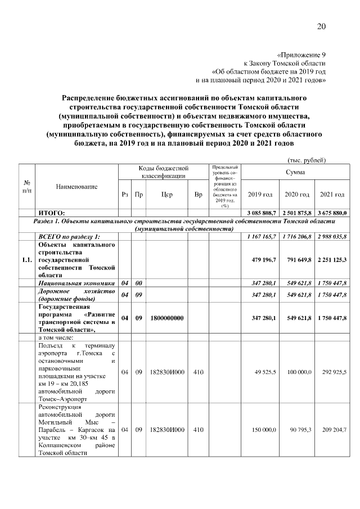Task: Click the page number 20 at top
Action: [x=321, y=26]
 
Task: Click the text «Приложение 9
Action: [x=301, y=55]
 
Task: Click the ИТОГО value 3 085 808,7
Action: [x=262, y=213]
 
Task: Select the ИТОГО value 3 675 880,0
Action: [x=333, y=213]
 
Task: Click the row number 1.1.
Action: [x=26, y=260]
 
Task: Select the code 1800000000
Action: [x=167, y=318]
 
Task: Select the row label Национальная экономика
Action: [x=76, y=283]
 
